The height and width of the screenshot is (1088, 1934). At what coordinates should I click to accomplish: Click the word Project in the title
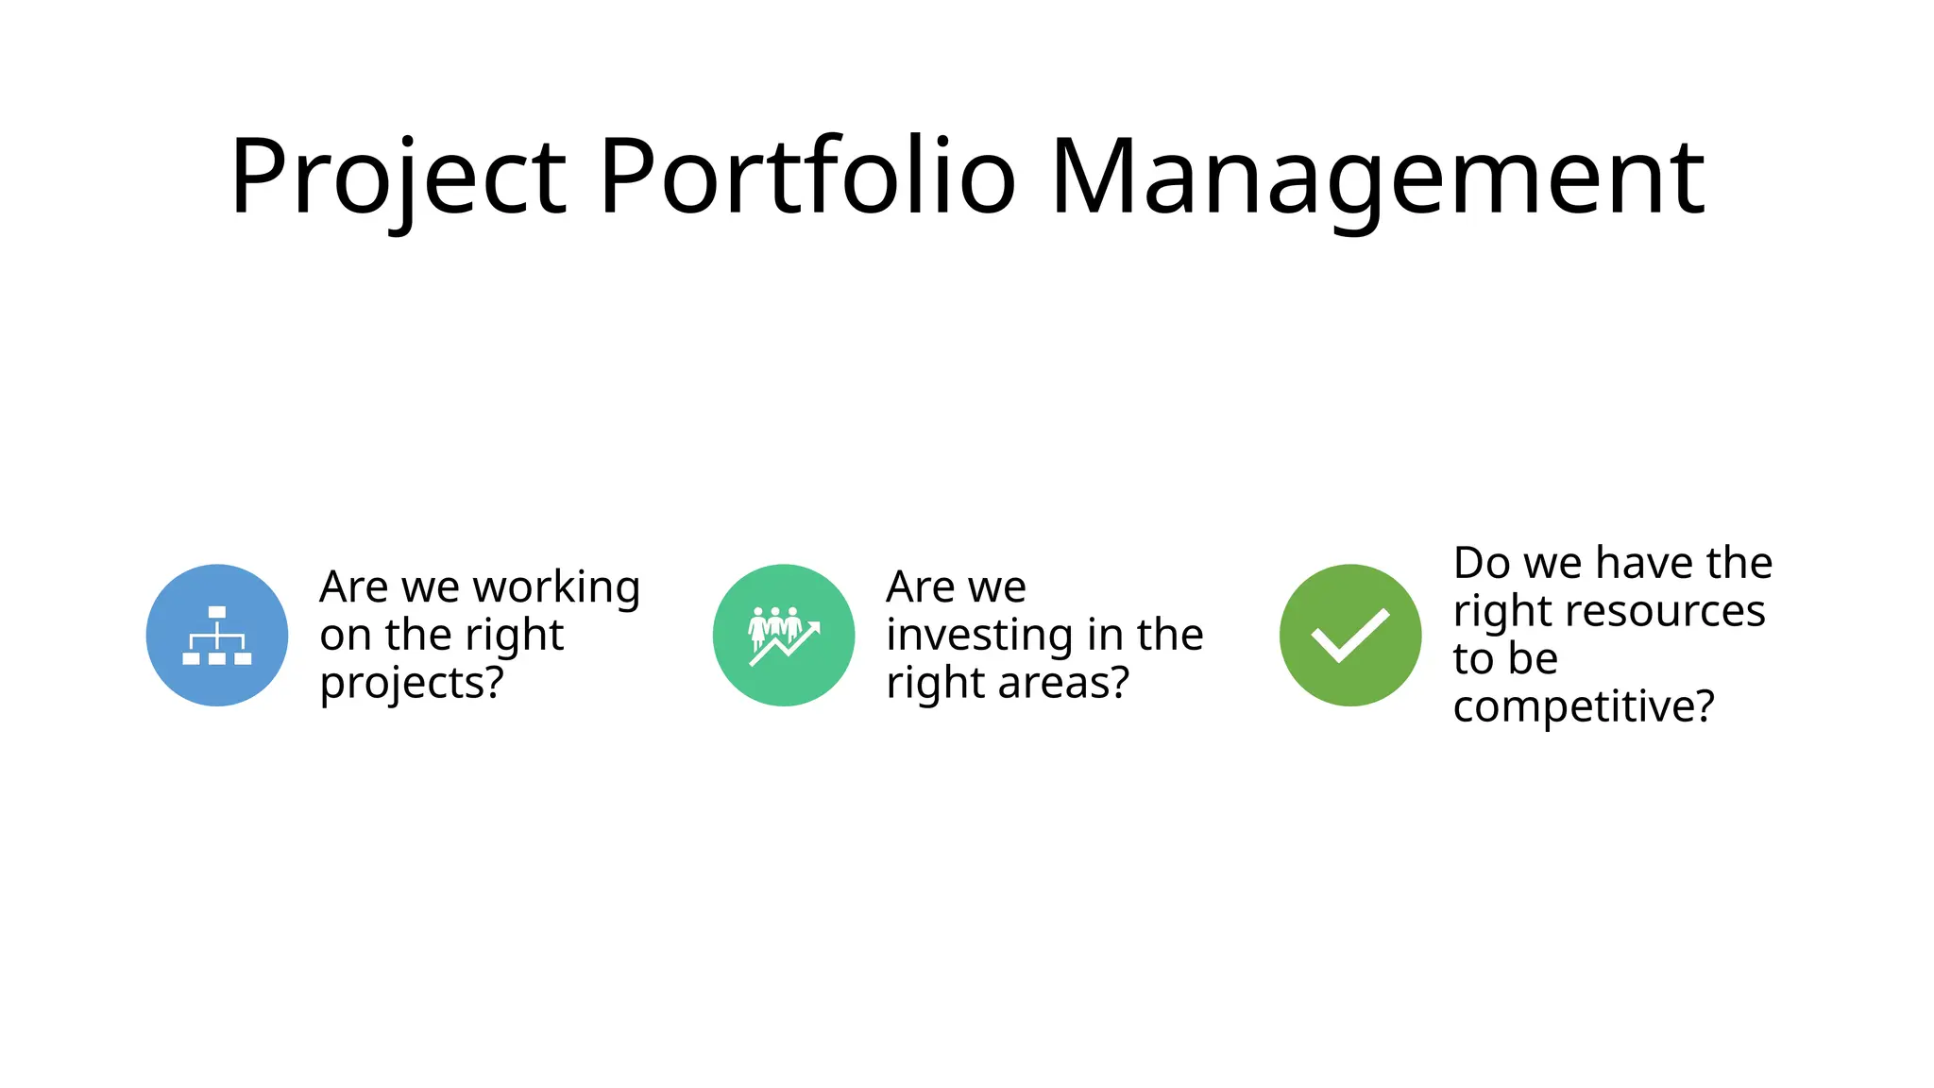point(398,178)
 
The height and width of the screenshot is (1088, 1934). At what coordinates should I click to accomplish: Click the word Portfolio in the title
point(807,178)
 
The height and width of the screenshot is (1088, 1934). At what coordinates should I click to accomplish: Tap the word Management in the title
point(1377,178)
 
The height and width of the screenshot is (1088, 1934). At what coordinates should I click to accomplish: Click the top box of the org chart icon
point(217,612)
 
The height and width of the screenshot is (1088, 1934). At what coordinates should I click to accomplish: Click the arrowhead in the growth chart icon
point(815,626)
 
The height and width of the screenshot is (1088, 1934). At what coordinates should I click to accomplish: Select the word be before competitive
point(1533,659)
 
